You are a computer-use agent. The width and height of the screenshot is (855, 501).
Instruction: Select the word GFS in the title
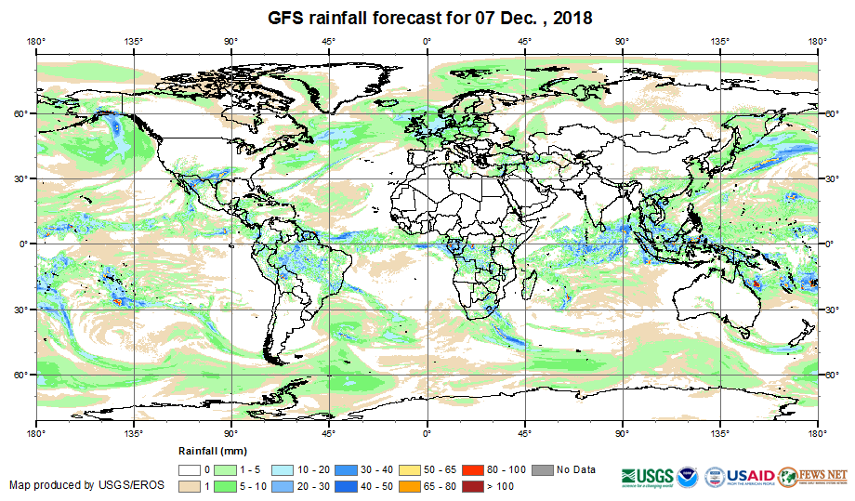pos(285,18)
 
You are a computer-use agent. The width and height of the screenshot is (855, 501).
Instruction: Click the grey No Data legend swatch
pos(543,470)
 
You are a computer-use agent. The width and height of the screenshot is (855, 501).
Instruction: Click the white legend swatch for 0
pos(191,470)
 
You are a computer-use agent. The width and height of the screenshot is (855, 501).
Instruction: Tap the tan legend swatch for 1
pos(191,486)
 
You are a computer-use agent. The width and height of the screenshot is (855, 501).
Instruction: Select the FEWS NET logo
pos(814,475)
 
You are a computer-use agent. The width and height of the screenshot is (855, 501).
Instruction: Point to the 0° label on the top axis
pos(427,41)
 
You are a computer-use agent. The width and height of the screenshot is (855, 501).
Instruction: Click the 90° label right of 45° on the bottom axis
pos(622,433)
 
